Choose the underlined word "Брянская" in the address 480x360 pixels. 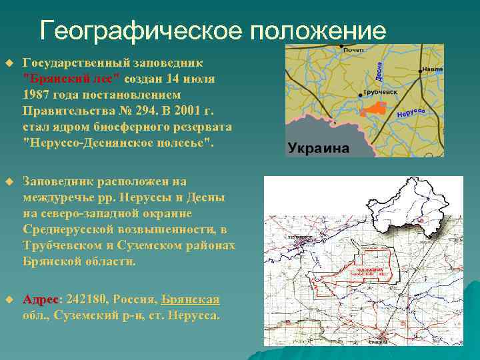(191, 299)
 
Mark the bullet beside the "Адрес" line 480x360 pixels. (9, 299)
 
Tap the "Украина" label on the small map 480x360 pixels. (319, 148)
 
